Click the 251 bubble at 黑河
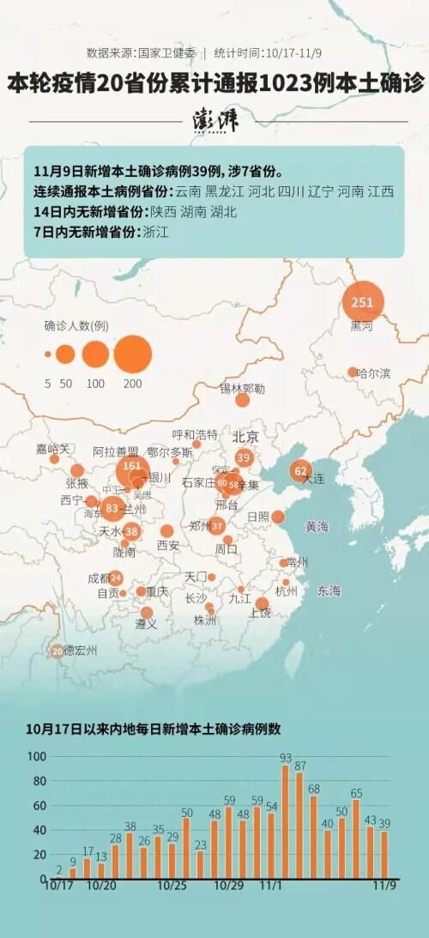coord(363,302)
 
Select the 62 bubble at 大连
coord(300,471)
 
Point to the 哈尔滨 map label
coord(373,373)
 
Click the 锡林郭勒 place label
coord(242,389)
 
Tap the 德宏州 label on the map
coord(80,651)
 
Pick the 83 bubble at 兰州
coord(112,509)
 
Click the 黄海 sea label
coord(317,527)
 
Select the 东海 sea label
coord(329,590)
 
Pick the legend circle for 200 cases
coord(132,354)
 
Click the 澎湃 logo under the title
coord(214,121)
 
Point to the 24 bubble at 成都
coord(115,578)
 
